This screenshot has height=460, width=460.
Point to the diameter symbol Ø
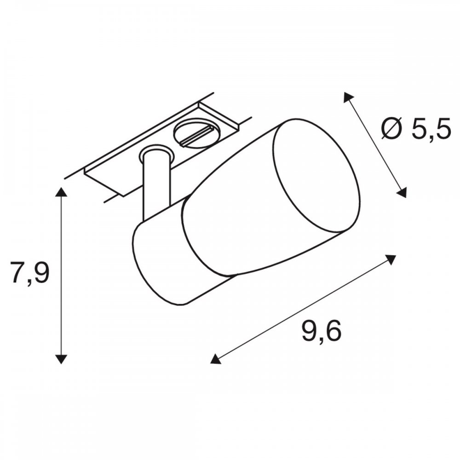click(x=394, y=129)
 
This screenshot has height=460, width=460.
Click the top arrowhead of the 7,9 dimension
click(x=61, y=192)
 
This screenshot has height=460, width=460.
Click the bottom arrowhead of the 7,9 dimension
click(x=61, y=358)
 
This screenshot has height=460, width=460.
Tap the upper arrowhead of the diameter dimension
click(x=348, y=97)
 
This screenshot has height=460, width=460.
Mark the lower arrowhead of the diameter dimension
click(x=402, y=193)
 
